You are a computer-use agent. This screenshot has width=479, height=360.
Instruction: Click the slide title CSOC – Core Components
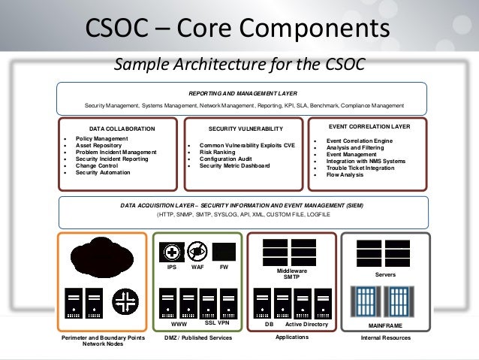pyautogui.click(x=238, y=29)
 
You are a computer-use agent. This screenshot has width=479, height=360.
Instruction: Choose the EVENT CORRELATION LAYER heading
pyautogui.click(x=369, y=126)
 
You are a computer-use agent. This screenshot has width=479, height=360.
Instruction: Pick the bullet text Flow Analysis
pyautogui.click(x=345, y=174)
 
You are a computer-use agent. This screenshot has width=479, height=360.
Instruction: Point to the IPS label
pyautogui.click(x=172, y=267)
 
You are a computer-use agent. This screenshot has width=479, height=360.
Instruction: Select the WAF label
pyautogui.click(x=198, y=267)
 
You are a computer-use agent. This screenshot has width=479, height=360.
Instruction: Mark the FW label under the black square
pyautogui.click(x=224, y=267)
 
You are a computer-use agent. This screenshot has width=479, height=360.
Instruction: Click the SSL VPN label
pyautogui.click(x=217, y=322)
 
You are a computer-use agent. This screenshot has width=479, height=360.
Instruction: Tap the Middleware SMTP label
pyautogui.click(x=286, y=274)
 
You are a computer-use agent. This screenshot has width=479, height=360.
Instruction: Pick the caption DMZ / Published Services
pyautogui.click(x=198, y=339)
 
